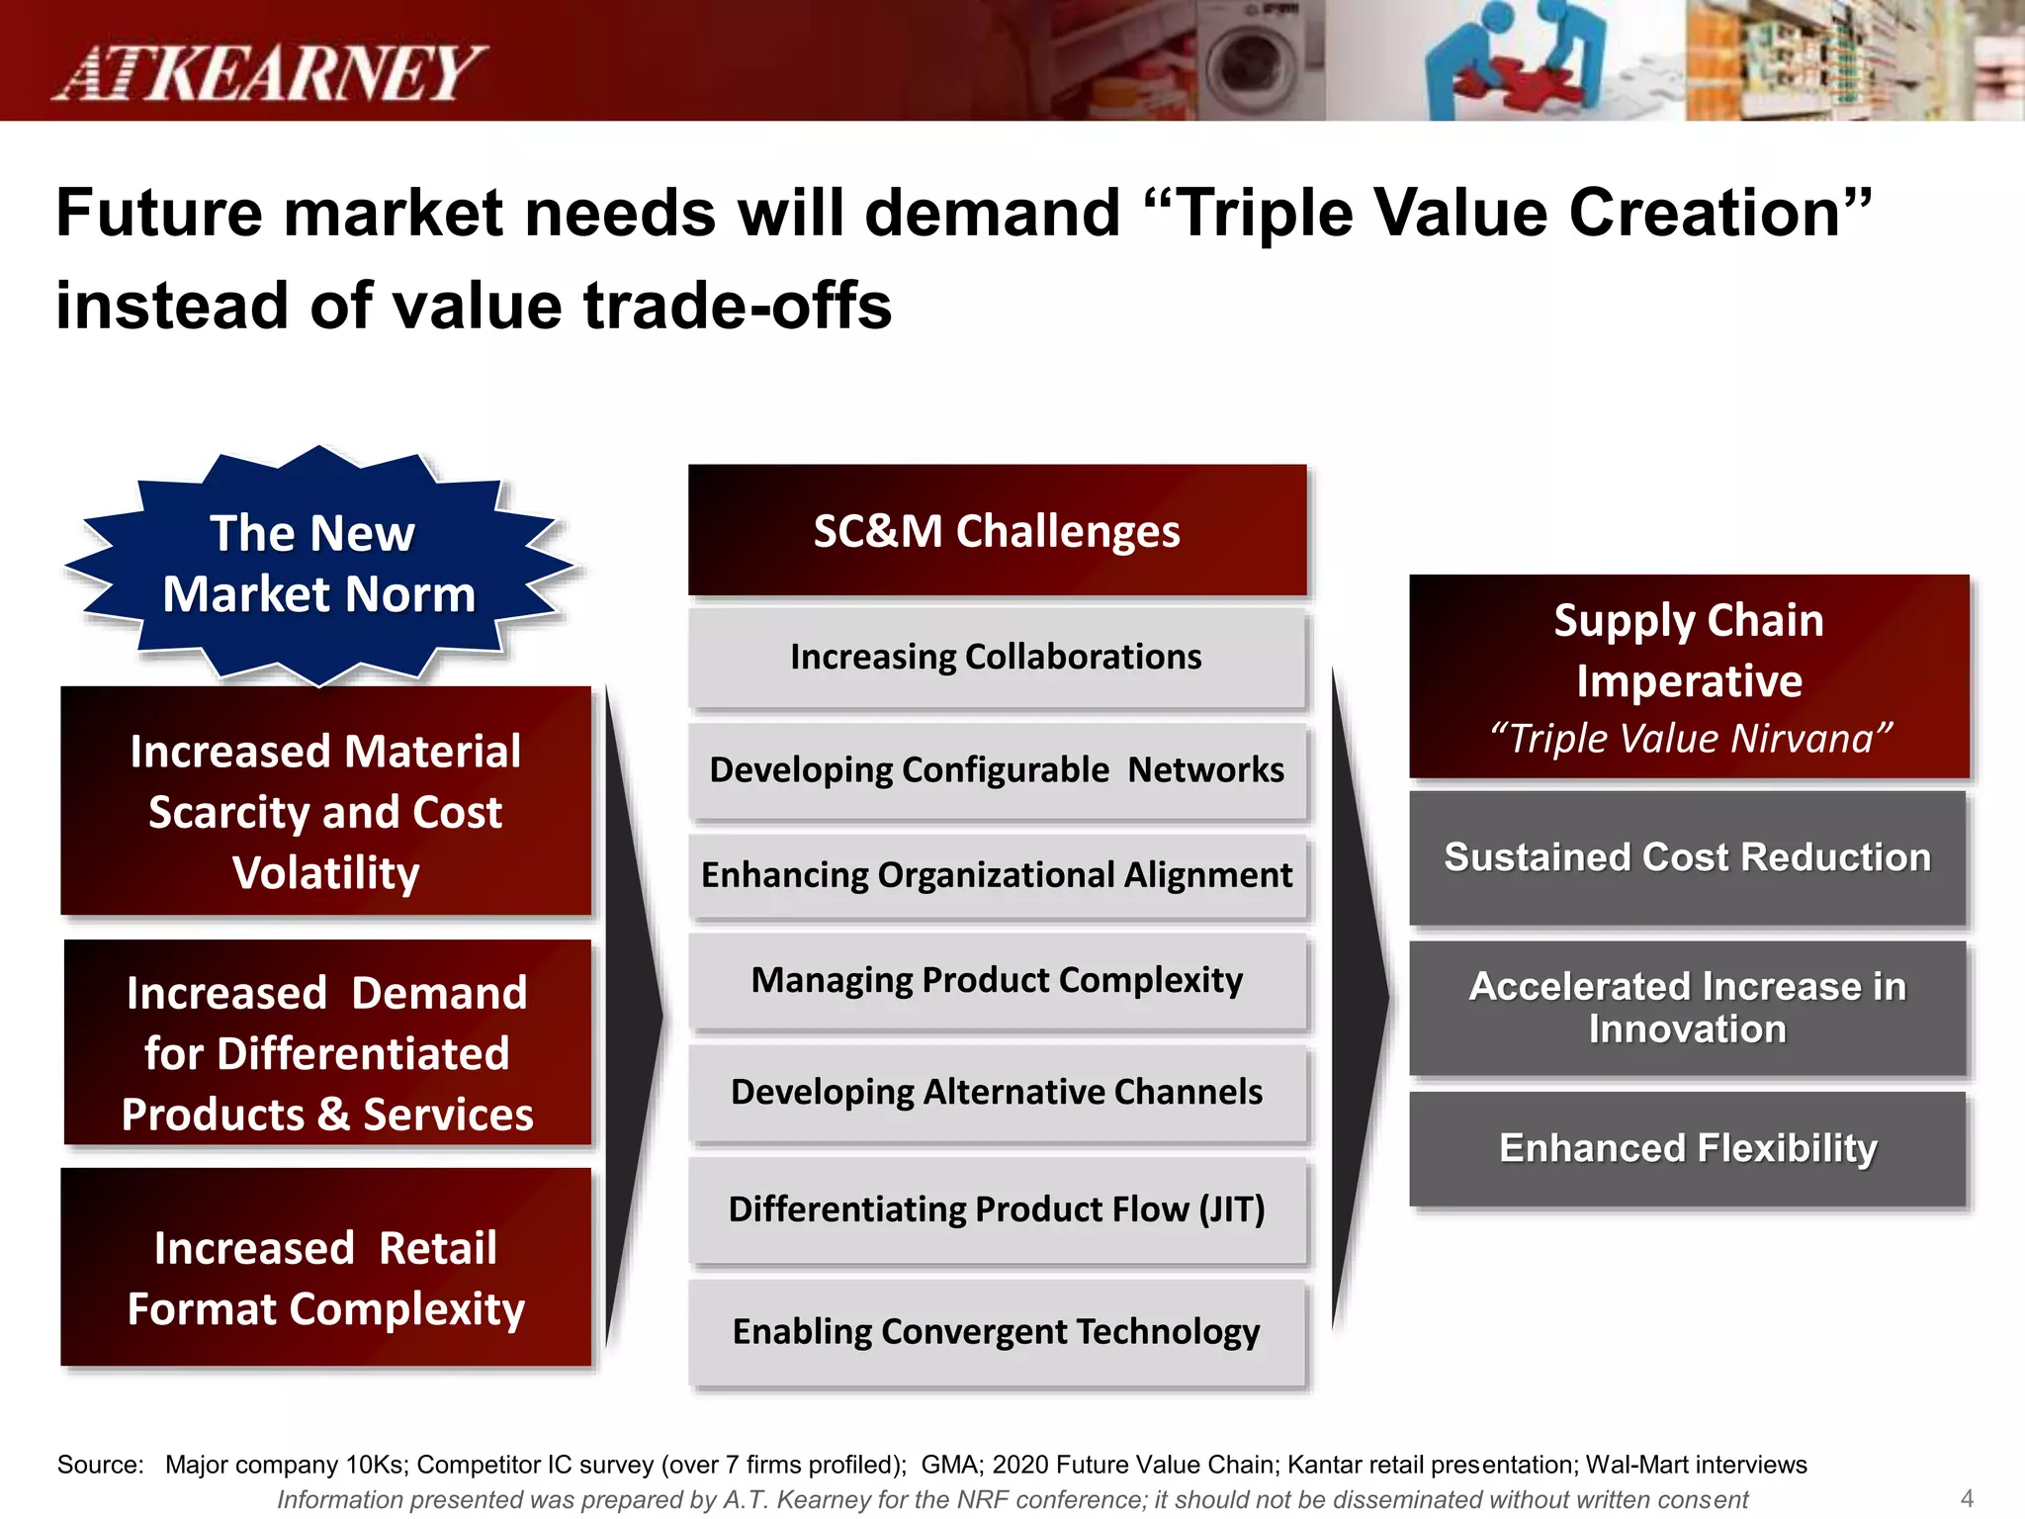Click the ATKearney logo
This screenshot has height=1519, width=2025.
pos(269,72)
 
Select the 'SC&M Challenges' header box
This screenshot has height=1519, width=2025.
pos(997,531)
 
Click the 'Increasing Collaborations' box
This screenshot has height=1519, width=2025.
pos(997,658)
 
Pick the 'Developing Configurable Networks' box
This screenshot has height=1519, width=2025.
pos(997,770)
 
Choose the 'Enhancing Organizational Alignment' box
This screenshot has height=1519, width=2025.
pos(997,876)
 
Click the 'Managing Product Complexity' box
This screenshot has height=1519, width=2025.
pos(997,981)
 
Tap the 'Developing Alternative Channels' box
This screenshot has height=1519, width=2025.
pos(997,1093)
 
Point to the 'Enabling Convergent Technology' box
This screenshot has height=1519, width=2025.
pos(997,1332)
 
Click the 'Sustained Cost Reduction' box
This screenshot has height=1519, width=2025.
pos(1687,857)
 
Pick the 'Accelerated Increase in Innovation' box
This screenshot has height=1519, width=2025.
pos(1687,1008)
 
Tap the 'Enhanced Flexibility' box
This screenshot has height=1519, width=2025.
pos(1687,1149)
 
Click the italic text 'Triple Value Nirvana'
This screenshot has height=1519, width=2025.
pos(1690,739)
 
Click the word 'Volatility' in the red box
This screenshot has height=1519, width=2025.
pos(326,873)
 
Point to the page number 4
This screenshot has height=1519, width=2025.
pos(1967,1498)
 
